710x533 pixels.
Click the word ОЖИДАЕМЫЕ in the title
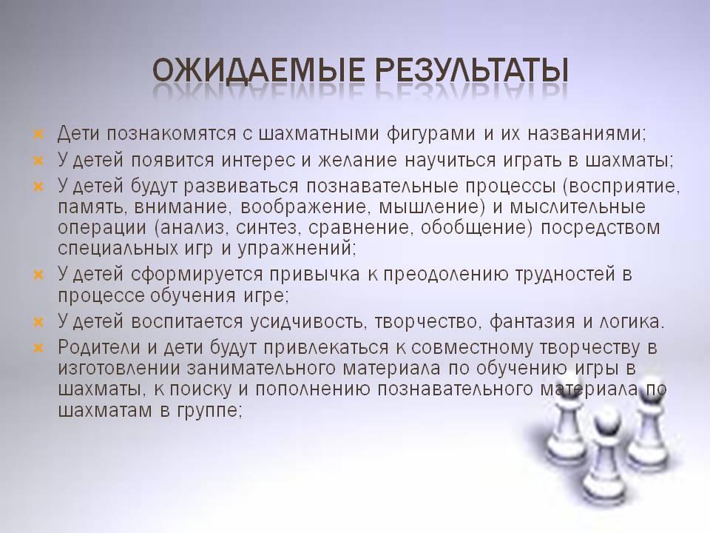pyautogui.click(x=257, y=70)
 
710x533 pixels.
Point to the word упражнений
pyautogui.click(x=297, y=249)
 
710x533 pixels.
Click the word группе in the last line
pyautogui.click(x=209, y=411)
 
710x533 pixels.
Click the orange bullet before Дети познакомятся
pyautogui.click(x=38, y=135)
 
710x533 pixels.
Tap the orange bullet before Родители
pyautogui.click(x=38, y=348)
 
